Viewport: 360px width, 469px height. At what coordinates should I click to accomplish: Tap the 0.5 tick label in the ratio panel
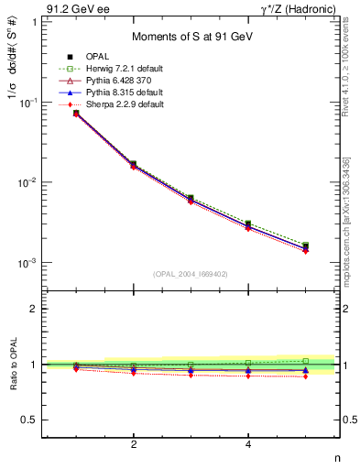click(27, 420)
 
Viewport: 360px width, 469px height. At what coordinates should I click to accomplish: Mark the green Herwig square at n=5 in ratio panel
click(306, 361)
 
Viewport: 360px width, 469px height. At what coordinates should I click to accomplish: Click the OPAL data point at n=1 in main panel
click(76, 114)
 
